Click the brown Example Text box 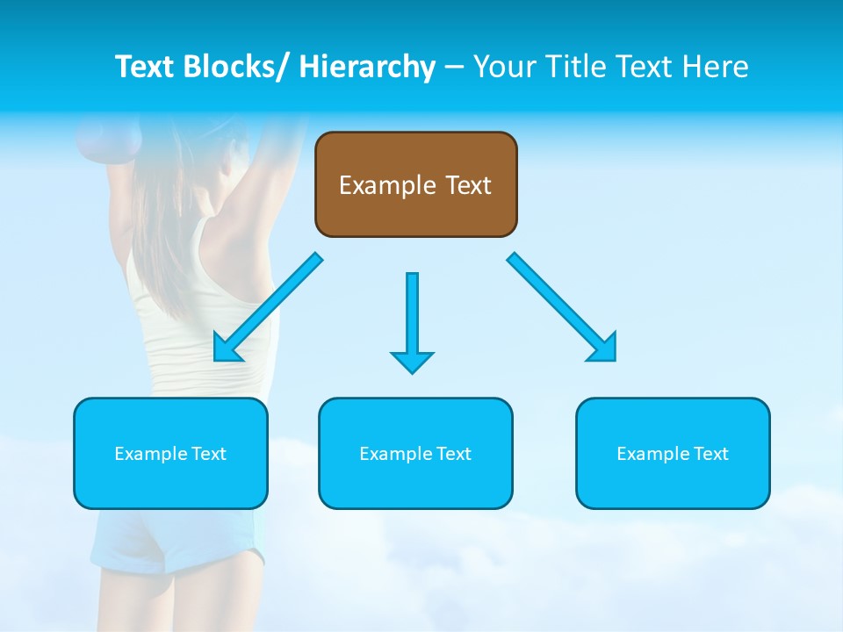pyautogui.click(x=415, y=184)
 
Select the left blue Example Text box pyautogui.click(x=170, y=453)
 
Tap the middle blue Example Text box pyautogui.click(x=415, y=453)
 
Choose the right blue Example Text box pyautogui.click(x=673, y=453)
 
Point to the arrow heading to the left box pyautogui.click(x=268, y=307)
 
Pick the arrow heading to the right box pyautogui.click(x=562, y=307)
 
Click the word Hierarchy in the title pyautogui.click(x=366, y=67)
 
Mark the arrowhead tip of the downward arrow pyautogui.click(x=412, y=371)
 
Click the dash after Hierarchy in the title pyautogui.click(x=454, y=68)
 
